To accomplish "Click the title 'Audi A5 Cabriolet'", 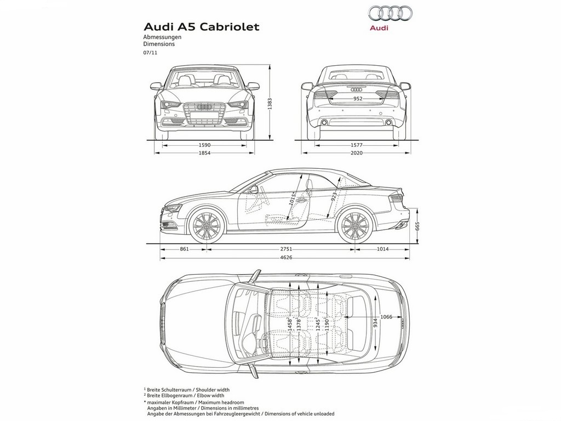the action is tap(201, 27).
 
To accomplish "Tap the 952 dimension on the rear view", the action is tap(357, 99).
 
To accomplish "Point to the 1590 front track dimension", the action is tap(204, 145).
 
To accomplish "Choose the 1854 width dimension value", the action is tap(204, 153).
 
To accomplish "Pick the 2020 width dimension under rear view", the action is tap(357, 153).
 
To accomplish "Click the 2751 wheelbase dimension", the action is tap(286, 249).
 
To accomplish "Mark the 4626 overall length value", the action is tap(286, 258).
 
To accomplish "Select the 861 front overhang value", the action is tap(184, 249).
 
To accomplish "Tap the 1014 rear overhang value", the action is tap(382, 249).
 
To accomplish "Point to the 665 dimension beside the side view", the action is tap(417, 226).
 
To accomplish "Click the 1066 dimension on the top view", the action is tap(386, 316).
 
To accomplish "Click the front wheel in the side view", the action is tap(207, 225).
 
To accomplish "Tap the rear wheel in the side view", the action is tap(355, 225).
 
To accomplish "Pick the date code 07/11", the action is tap(150, 53).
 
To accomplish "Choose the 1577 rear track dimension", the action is tap(357, 145).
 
